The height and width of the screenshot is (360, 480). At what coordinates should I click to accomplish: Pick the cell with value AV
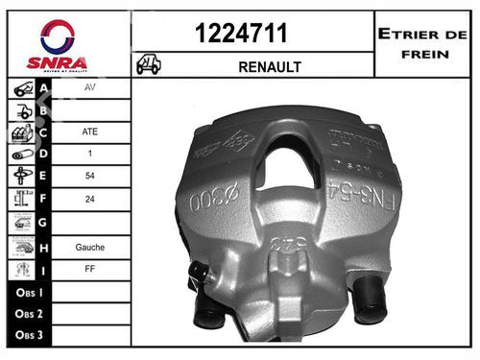tap(91, 85)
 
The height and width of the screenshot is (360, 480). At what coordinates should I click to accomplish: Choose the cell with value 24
tap(91, 201)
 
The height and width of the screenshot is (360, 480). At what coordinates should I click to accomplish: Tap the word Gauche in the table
tap(91, 247)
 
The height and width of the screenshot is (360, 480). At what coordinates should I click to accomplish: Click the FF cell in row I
tap(91, 270)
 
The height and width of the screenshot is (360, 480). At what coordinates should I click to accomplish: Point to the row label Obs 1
tap(28, 291)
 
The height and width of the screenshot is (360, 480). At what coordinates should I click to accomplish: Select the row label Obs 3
tap(28, 335)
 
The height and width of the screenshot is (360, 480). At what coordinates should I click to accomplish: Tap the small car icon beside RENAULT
tap(149, 65)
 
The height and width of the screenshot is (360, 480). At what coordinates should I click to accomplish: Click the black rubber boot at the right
tap(369, 299)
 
